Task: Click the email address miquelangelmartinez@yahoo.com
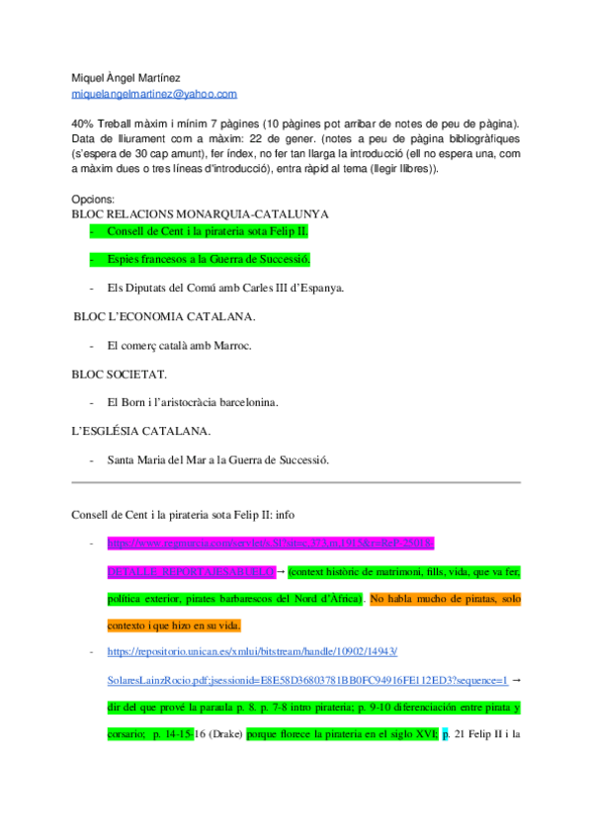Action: click(x=154, y=94)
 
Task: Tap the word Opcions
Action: click(x=93, y=199)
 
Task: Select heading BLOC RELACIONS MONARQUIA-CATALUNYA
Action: click(x=201, y=213)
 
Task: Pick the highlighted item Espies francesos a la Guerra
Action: click(x=209, y=260)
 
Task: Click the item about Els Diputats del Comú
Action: click(x=225, y=289)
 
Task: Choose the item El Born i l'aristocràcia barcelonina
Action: click(x=193, y=403)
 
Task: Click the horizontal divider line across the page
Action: click(x=296, y=482)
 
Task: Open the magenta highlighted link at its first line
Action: click(x=271, y=544)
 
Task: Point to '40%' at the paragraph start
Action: click(x=83, y=124)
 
